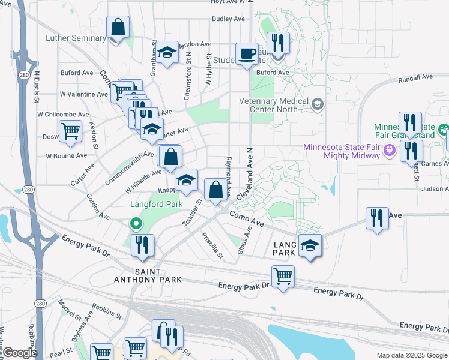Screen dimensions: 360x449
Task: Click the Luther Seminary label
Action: [76, 39]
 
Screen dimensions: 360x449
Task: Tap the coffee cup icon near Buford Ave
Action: [247, 54]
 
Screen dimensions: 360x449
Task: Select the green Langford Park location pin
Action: [136, 224]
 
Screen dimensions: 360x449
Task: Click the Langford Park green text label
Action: [157, 204]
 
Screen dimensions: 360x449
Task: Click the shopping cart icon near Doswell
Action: [71, 131]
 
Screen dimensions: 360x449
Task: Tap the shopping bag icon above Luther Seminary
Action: [118, 27]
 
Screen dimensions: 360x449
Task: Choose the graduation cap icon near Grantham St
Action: [167, 52]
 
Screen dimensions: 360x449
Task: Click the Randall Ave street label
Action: [415, 78]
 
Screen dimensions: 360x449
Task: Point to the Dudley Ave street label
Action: [229, 19]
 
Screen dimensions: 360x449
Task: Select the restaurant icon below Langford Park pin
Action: [143, 245]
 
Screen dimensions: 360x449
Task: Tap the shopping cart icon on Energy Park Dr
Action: [283, 277]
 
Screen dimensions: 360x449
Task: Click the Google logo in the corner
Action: [20, 352]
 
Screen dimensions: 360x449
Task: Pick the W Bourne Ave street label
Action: [67, 156]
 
